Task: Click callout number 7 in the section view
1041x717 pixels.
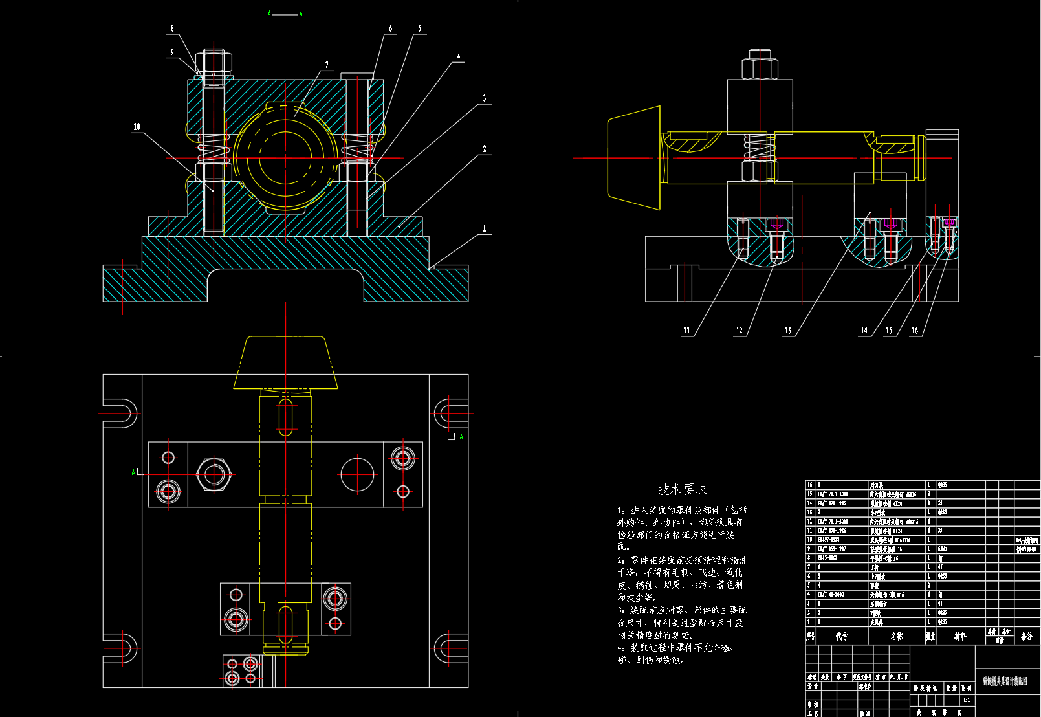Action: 327,65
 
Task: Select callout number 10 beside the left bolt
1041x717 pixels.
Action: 137,127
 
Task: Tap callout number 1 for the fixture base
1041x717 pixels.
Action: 484,228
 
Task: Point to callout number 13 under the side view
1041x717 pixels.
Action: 787,330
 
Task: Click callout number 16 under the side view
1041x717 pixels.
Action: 915,330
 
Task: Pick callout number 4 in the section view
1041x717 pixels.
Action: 459,56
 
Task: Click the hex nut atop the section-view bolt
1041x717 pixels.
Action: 214,62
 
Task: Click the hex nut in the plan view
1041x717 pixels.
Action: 213,474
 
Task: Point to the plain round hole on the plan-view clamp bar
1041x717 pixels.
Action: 357,474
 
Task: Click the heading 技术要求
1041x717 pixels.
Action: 682,489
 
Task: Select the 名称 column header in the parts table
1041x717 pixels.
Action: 897,636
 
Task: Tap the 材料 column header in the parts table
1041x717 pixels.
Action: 960,636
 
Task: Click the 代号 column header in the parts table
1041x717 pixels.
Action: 841,636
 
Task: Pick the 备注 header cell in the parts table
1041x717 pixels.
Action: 1027,636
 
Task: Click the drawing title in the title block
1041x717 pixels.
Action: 1005,681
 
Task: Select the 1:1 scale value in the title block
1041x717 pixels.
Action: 967,700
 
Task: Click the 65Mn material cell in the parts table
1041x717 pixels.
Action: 943,549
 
